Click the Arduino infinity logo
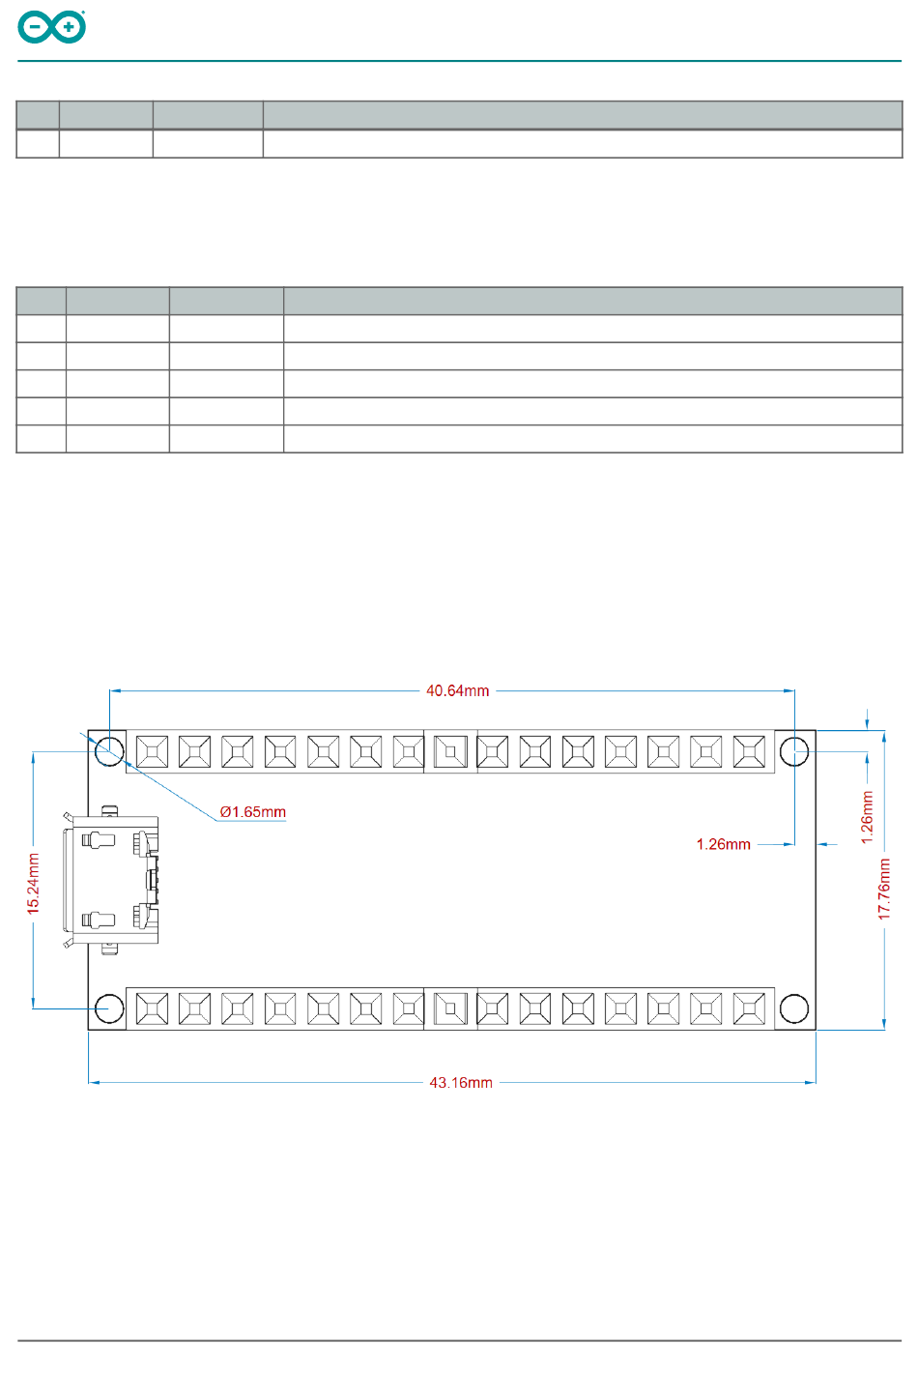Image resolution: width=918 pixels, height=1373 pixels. [52, 27]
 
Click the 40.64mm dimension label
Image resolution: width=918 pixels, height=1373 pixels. [457, 691]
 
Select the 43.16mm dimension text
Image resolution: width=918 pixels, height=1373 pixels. [461, 1083]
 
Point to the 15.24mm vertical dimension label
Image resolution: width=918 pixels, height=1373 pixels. [34, 884]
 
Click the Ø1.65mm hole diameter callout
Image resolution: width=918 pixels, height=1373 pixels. [252, 812]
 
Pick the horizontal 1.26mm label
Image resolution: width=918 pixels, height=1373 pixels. [723, 845]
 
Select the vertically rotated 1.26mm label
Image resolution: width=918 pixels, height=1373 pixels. [867, 817]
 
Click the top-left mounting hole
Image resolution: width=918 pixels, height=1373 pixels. [109, 750]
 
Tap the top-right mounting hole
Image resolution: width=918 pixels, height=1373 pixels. [794, 750]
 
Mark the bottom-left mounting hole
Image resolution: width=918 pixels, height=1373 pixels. [109, 1008]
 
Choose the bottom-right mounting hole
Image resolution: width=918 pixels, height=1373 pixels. [794, 1008]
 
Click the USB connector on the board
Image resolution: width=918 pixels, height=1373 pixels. [111, 880]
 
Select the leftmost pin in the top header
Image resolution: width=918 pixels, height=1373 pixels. [152, 751]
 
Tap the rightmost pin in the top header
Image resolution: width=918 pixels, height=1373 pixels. [749, 751]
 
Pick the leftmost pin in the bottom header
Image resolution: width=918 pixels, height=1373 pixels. [152, 1008]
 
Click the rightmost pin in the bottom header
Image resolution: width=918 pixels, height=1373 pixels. [749, 1008]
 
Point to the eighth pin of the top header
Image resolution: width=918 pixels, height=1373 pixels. [450, 751]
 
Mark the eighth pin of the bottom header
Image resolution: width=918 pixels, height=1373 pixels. [450, 1008]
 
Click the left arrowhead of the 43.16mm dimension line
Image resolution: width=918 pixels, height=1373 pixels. [93, 1083]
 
